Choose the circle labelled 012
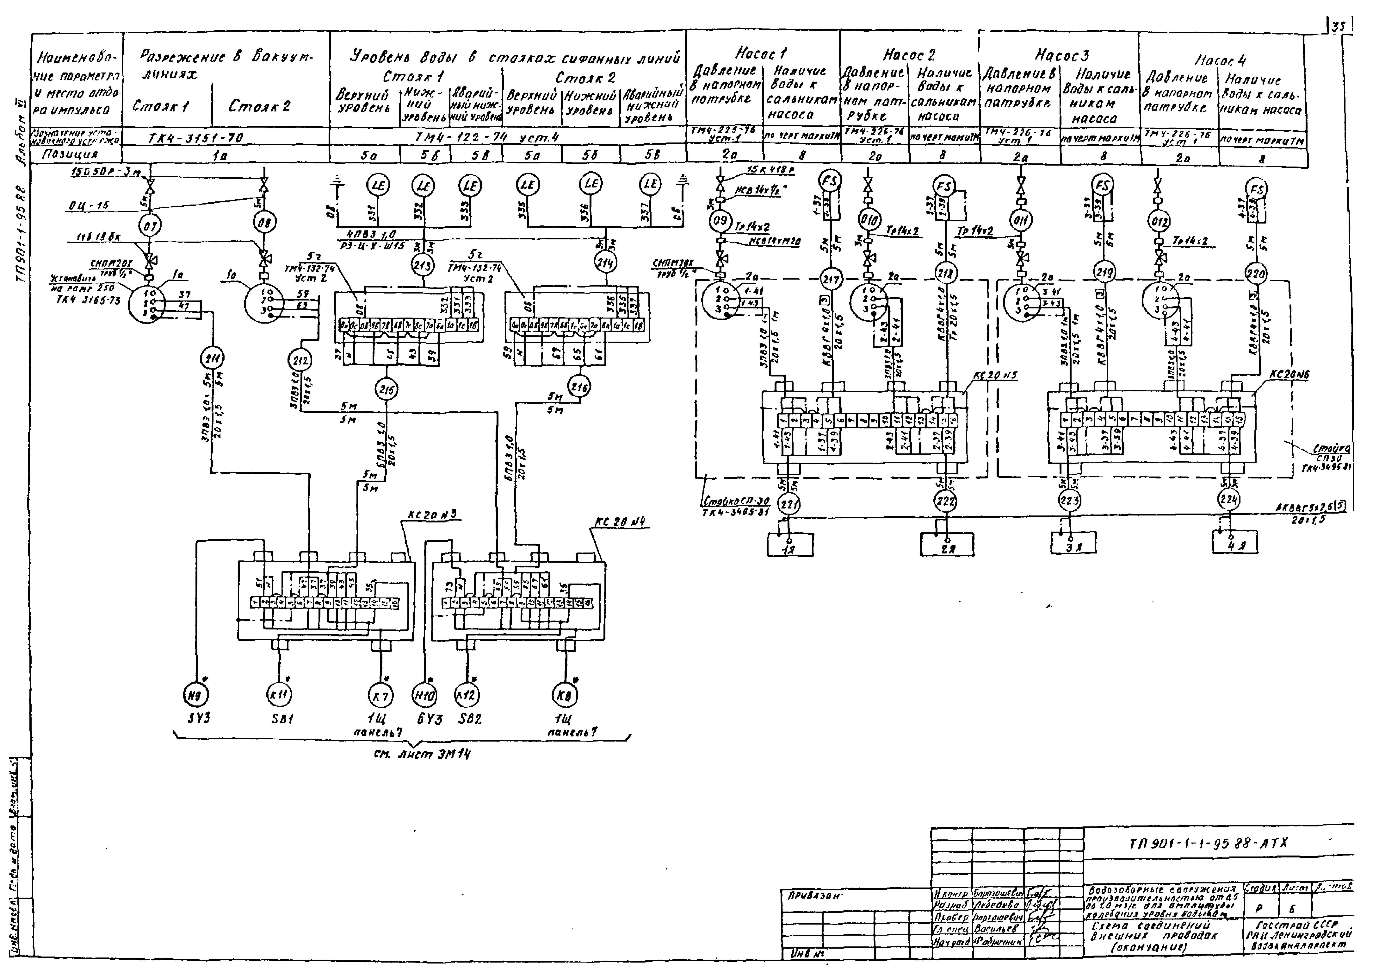point(1159,222)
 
